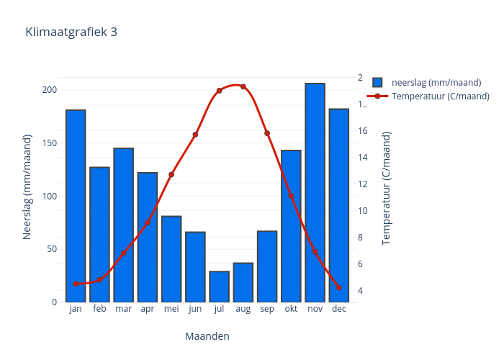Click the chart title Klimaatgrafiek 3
click(x=71, y=32)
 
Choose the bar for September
click(x=267, y=266)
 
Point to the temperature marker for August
click(x=243, y=86)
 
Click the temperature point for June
click(x=195, y=135)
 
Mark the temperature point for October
click(x=291, y=196)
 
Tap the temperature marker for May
click(x=171, y=174)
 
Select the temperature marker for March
click(x=123, y=253)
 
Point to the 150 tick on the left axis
click(x=48, y=143)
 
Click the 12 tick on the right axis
click(x=362, y=184)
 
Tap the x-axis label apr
click(x=148, y=309)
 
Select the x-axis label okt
click(x=291, y=309)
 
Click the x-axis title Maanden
click(x=207, y=336)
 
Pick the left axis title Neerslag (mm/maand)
click(x=28, y=186)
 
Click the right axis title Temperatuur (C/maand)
click(x=387, y=187)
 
